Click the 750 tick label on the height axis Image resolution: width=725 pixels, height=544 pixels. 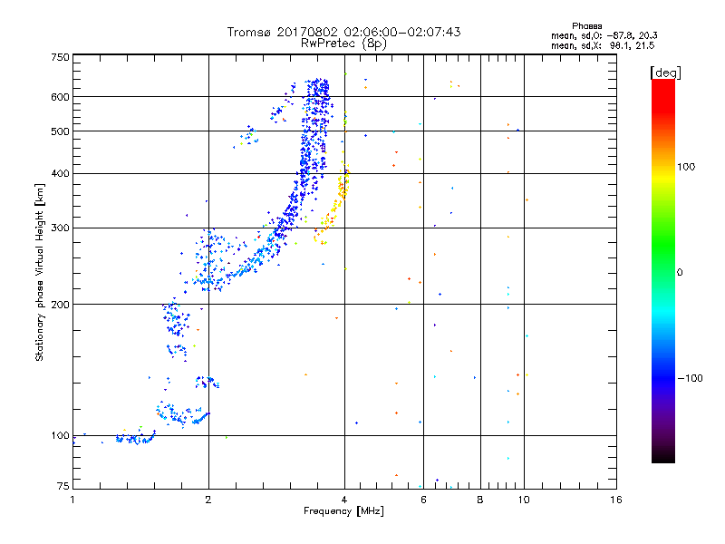[x=61, y=57]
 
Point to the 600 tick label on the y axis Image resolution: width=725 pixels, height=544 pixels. [x=61, y=97]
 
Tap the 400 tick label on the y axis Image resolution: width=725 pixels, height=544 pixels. [x=61, y=173]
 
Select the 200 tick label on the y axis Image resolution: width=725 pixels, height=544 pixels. [x=61, y=305]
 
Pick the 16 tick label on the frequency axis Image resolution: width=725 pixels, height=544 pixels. [x=616, y=500]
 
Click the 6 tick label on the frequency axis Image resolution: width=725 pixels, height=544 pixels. [x=423, y=500]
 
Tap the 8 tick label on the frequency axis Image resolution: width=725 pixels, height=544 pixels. [x=480, y=500]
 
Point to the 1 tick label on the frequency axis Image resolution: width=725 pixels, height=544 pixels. [x=73, y=500]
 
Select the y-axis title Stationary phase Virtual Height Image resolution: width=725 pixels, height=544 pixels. [x=40, y=272]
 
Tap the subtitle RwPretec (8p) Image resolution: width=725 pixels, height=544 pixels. [x=344, y=43]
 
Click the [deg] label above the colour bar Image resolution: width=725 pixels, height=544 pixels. [x=665, y=72]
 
